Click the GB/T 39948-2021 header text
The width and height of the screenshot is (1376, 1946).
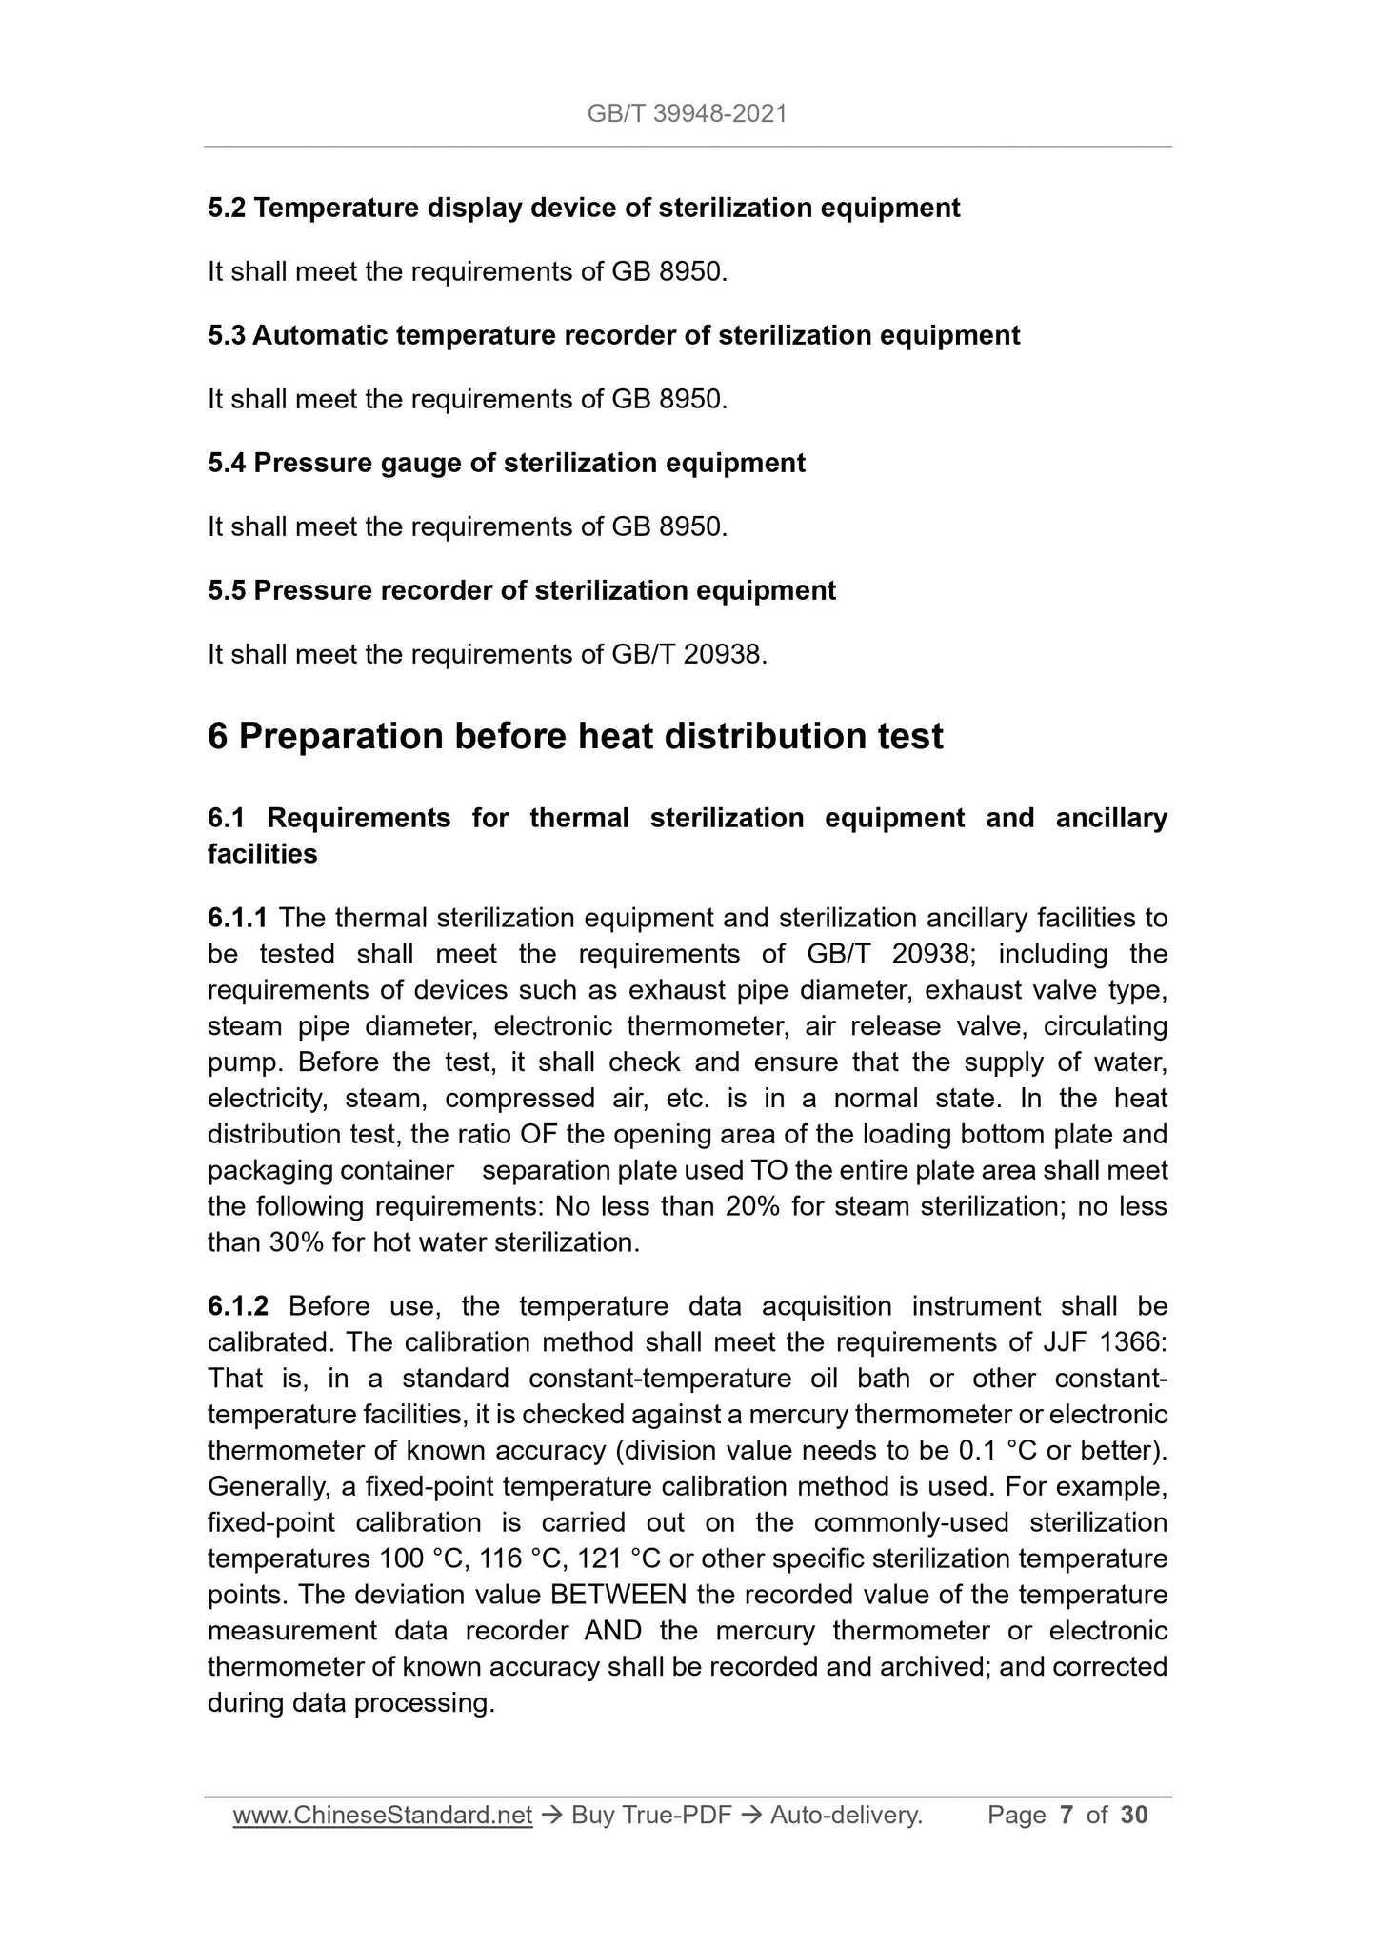coord(687,115)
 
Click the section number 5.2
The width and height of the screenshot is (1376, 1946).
coord(227,208)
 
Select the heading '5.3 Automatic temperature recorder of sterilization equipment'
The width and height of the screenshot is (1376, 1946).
coord(613,335)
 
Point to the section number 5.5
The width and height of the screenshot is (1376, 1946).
coord(227,590)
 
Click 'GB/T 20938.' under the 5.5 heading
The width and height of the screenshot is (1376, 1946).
coord(685,654)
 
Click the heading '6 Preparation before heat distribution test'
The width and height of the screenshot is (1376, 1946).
coord(575,736)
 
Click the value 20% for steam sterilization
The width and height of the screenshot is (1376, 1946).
coord(753,1207)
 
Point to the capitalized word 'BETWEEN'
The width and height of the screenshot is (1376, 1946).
coord(619,1596)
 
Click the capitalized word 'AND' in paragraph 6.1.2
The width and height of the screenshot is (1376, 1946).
coord(610,1632)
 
